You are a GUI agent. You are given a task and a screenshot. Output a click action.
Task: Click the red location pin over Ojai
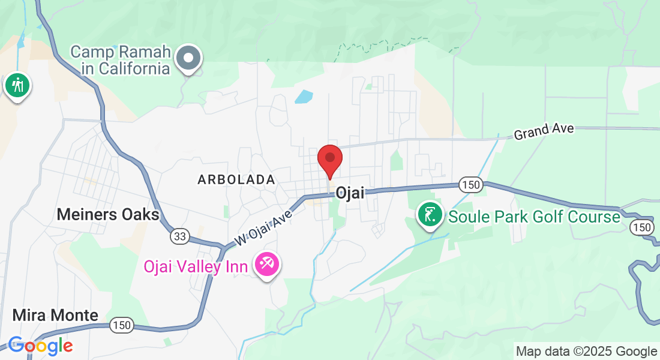329,160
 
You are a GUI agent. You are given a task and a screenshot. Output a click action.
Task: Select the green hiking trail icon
17,85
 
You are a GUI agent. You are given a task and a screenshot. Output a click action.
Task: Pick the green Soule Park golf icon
430,215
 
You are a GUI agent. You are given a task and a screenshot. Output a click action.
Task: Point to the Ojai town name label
350,193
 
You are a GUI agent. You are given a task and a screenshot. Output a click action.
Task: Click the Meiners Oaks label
108,214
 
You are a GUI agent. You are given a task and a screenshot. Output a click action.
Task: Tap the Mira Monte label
55,316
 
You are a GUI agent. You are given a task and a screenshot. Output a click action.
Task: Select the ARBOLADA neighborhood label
236,179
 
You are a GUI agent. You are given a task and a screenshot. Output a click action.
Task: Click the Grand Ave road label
544,131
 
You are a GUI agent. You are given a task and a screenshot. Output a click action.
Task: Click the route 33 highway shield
179,236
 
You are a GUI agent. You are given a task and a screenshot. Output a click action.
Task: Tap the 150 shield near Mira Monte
122,326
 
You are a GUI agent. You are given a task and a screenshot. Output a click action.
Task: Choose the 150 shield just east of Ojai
472,185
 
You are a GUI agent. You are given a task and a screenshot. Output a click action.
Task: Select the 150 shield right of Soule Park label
641,227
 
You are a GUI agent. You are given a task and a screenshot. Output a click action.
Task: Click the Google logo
40,346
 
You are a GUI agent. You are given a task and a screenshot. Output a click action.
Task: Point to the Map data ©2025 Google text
586,352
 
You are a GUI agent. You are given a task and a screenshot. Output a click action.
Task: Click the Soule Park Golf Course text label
534,217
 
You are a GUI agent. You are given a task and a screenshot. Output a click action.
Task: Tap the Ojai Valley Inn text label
196,266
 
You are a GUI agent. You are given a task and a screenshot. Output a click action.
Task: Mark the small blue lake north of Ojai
304,97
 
